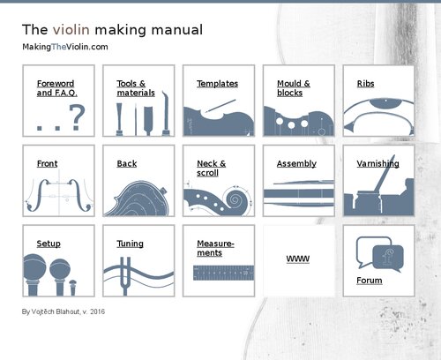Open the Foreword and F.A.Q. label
coord(55,88)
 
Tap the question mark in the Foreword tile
coord(78,116)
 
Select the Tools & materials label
coord(136,88)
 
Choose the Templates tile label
coord(217,84)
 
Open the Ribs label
coord(365,84)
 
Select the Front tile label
coord(47,164)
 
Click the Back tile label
coord(126,164)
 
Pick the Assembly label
coord(296,164)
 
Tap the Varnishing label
coord(377,164)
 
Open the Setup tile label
coord(49,244)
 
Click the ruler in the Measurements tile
coord(218,275)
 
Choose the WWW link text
coord(297,260)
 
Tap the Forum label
coord(370,281)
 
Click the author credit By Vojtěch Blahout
coord(63,311)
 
